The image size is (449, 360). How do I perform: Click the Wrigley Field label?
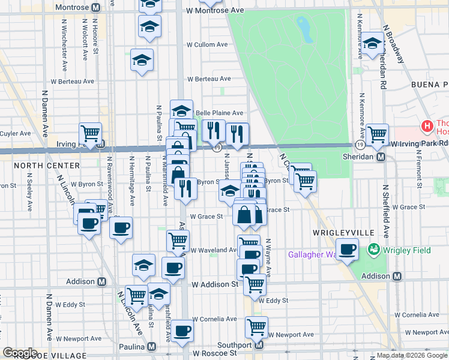402,248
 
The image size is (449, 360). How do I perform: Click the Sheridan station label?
360,157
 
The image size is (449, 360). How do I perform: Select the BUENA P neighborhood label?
429,85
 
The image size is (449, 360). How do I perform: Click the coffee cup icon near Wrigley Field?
347,249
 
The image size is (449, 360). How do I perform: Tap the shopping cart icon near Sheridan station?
377,134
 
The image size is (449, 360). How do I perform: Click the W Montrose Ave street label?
215,11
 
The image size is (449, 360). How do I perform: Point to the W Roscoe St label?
213,353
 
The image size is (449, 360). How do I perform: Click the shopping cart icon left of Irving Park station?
90,133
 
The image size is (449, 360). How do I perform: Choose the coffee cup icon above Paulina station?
182,331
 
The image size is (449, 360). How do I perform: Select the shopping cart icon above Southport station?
256,327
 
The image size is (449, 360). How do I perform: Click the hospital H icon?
427,127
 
